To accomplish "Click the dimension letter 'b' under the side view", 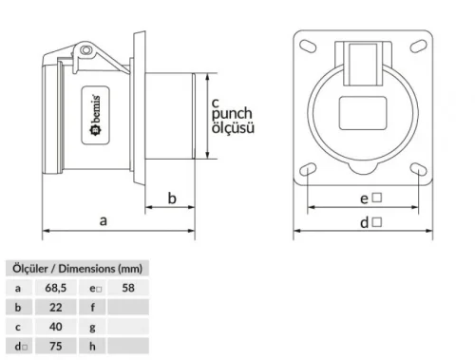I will coord(172,198).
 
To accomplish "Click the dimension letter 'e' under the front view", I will coord(364,199).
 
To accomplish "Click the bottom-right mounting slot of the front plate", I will coord(419,170).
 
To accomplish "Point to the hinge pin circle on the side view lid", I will coord(85,48).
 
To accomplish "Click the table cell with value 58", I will coord(128,286).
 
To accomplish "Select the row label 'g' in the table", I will coord(92,327).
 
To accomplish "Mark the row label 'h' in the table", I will coord(92,347).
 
